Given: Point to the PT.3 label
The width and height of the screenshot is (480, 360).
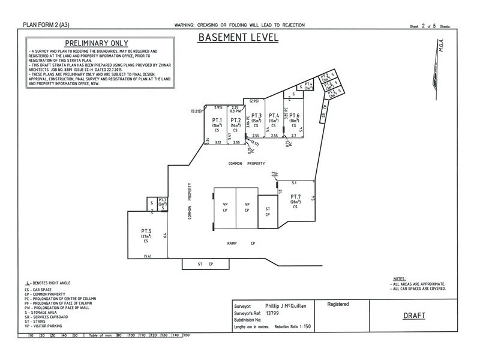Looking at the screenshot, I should [x=256, y=115].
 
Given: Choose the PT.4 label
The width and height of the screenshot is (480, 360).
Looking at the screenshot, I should [x=274, y=115].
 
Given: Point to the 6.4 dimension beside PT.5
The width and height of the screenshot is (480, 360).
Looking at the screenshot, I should [x=164, y=235].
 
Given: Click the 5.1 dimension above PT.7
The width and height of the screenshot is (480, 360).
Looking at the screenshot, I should [x=293, y=182].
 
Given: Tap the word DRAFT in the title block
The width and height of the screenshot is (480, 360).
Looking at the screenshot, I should [x=415, y=314].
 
